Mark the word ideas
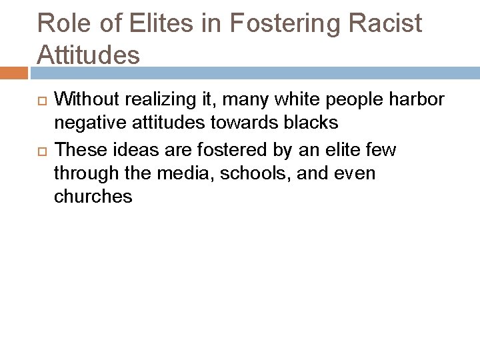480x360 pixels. (128, 151)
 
